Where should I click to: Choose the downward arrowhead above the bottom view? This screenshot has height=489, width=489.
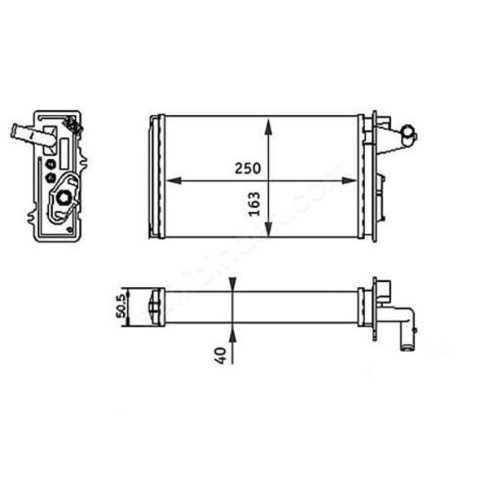tap(233, 283)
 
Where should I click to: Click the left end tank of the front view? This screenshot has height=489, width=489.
tap(155, 177)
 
